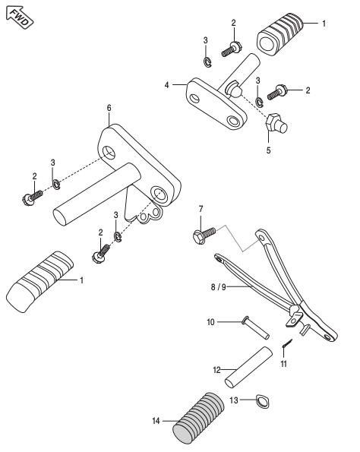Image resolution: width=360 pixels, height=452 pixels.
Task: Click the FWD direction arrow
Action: pos(19,17)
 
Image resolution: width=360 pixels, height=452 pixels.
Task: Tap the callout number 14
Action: pos(156,421)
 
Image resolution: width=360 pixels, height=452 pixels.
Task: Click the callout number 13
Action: pos(234,400)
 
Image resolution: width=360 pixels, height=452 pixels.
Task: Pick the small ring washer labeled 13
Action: pos(263,401)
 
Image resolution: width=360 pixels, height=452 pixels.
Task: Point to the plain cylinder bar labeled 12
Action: pos(248,368)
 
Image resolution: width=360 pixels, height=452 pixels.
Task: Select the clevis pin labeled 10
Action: pos(256,327)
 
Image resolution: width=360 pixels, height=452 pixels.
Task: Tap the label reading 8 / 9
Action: pos(219,287)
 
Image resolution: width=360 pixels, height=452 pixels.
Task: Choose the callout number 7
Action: pos(201,209)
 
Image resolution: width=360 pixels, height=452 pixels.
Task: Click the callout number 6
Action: pos(109,108)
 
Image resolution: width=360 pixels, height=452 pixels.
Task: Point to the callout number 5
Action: pos(268,150)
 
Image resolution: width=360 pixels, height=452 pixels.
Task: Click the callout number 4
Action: pos(166,85)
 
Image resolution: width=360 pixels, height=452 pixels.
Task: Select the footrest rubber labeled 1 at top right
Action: pos(279,34)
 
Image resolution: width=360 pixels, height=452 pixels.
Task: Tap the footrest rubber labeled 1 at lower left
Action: pos(39,282)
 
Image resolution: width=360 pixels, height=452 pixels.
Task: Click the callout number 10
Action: pos(210,322)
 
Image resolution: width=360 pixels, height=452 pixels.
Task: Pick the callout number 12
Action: pos(216,370)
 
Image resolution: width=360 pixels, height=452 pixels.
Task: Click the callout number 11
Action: pos(284,364)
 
